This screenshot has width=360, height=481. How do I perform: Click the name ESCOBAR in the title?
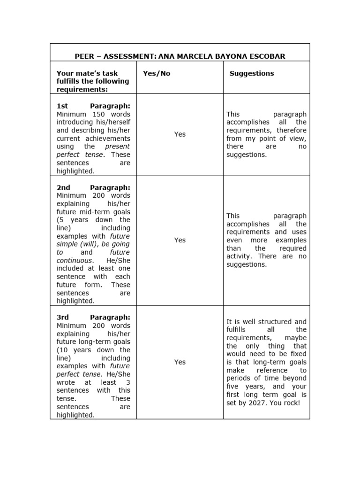(267, 56)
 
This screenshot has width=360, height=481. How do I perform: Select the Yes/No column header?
(157, 74)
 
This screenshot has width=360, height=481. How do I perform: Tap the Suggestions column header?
(252, 73)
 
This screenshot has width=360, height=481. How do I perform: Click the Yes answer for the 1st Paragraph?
(180, 134)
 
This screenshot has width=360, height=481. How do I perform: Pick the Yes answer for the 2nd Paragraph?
(180, 240)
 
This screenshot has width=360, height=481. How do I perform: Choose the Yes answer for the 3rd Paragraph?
(180, 362)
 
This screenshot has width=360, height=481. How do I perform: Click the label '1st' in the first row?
(62, 106)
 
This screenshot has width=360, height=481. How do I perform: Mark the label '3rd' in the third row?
(63, 318)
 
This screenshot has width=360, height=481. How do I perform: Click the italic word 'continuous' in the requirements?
(75, 260)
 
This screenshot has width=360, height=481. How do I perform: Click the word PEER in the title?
(84, 56)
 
